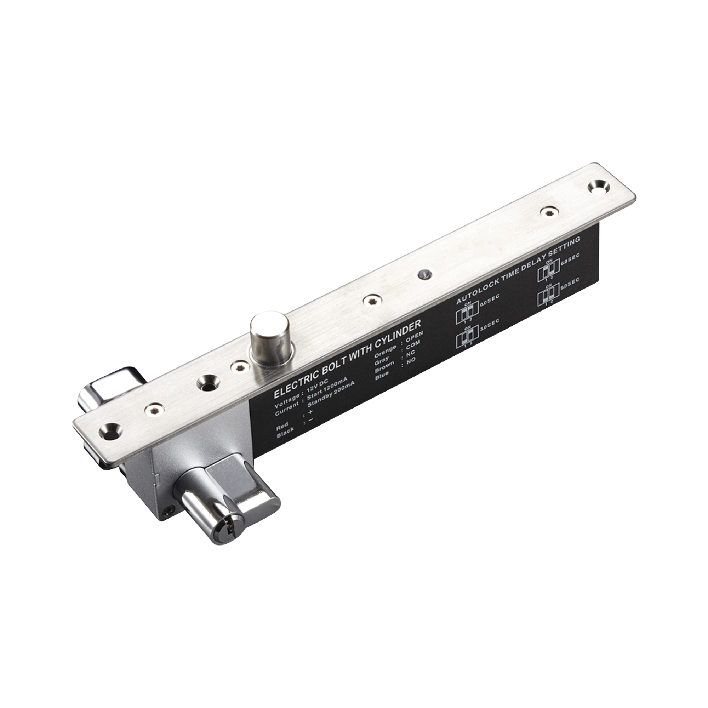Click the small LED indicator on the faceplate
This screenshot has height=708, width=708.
click(x=424, y=273)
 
